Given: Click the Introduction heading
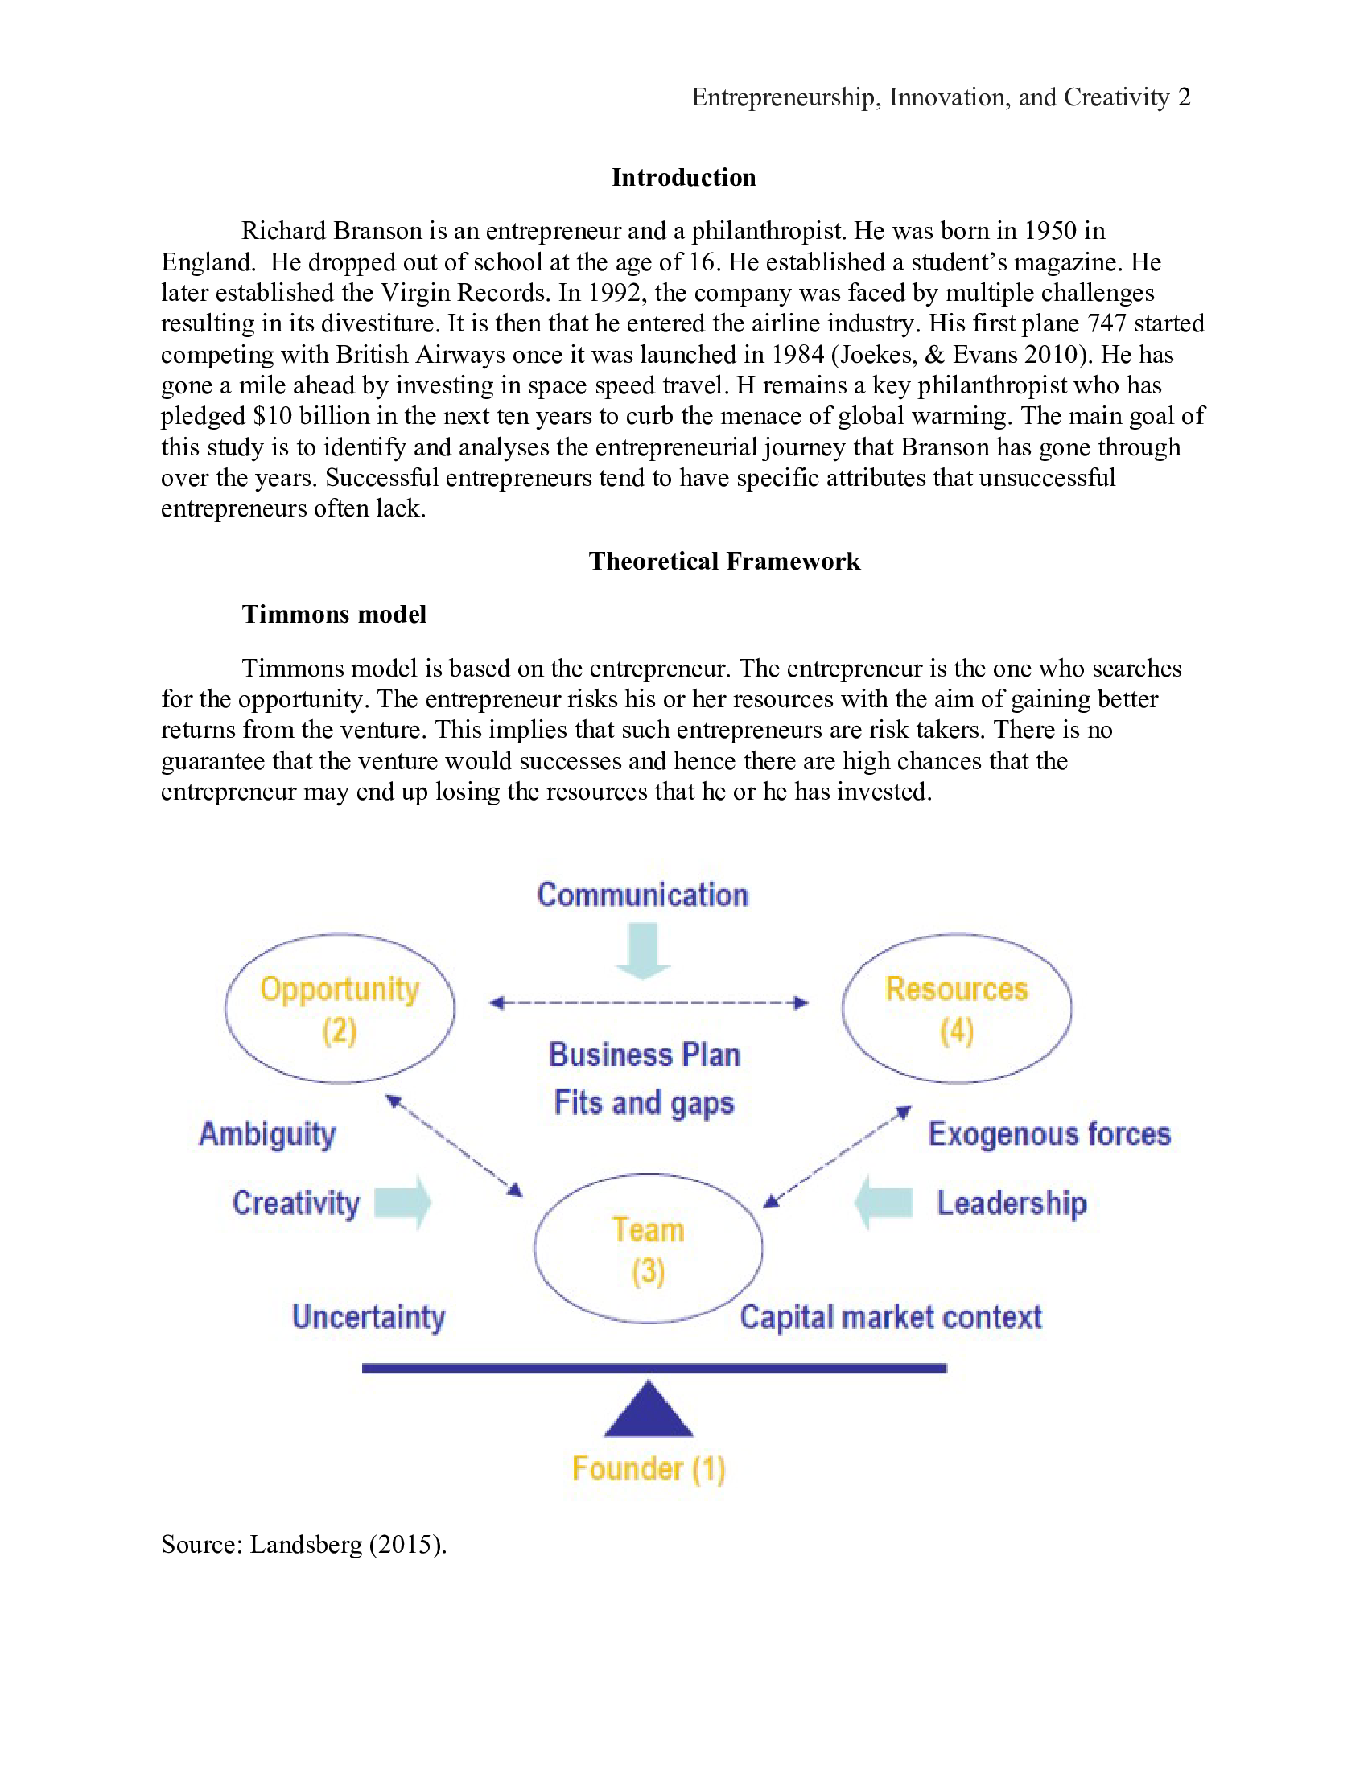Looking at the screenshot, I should pyautogui.click(x=683, y=178).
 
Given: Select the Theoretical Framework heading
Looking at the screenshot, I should pyautogui.click(x=723, y=561).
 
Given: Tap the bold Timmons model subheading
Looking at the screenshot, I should pyautogui.click(x=334, y=615).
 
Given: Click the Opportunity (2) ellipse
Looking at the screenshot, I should pyautogui.click(x=340, y=1008).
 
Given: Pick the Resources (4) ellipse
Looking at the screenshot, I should pyautogui.click(x=956, y=1008).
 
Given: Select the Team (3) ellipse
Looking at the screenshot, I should pyautogui.click(x=648, y=1249).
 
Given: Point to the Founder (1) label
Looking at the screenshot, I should pyautogui.click(x=648, y=1468).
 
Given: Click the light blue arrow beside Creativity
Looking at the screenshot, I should pyautogui.click(x=404, y=1203).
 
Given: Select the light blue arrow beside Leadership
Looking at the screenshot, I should pyautogui.click(x=884, y=1203).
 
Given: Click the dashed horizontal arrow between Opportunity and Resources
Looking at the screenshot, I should pyautogui.click(x=649, y=1002).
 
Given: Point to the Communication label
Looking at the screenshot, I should pyautogui.click(x=643, y=895).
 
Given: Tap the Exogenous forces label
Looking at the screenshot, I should pyautogui.click(x=1049, y=1134).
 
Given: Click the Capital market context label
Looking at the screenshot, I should pyautogui.click(x=890, y=1317).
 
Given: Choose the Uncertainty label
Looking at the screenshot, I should pyautogui.click(x=368, y=1317).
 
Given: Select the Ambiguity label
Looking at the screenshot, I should pyautogui.click(x=267, y=1134).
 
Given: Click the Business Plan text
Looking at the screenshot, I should pyautogui.click(x=645, y=1055).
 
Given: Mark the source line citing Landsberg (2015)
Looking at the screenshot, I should pyautogui.click(x=304, y=1544).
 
